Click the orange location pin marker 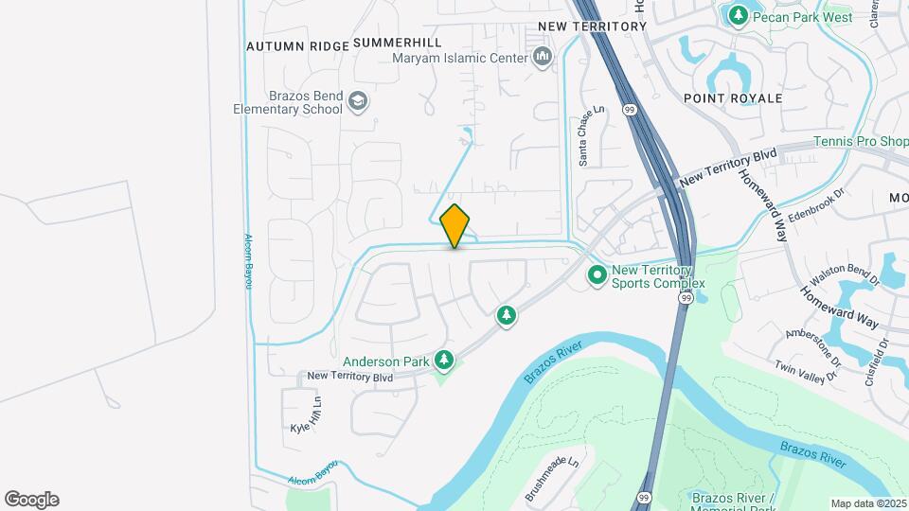(455, 226)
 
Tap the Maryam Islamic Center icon (543, 58)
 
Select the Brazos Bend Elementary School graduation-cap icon (357, 100)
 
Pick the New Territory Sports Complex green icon (597, 275)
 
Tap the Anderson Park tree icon (443, 360)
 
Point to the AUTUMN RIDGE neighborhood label (296, 45)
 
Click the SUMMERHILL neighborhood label (398, 44)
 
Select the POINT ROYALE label (733, 98)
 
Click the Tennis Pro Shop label (861, 142)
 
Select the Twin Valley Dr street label (807, 371)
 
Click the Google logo (31, 500)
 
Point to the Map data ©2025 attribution (867, 503)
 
